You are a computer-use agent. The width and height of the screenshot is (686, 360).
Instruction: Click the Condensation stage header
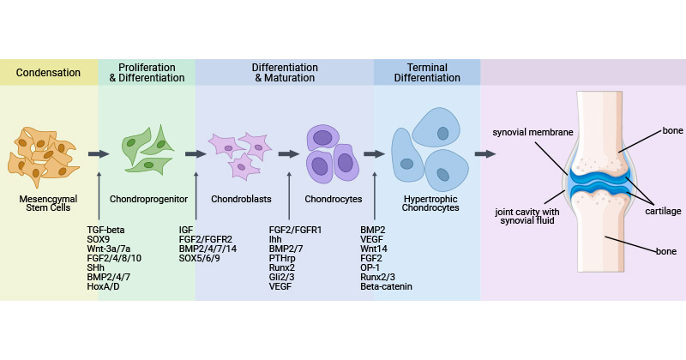(x=51, y=72)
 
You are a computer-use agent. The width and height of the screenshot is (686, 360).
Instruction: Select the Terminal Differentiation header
(x=426, y=72)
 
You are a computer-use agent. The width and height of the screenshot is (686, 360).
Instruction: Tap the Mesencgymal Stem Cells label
(x=51, y=203)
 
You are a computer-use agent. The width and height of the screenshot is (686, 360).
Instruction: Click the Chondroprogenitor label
(x=147, y=198)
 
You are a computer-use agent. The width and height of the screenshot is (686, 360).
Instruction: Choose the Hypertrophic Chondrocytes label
(x=426, y=203)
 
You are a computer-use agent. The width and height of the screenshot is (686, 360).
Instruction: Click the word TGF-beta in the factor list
(x=107, y=230)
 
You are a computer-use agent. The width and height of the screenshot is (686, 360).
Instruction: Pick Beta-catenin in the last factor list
(x=387, y=286)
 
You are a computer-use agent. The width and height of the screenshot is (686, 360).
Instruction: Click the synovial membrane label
(x=531, y=133)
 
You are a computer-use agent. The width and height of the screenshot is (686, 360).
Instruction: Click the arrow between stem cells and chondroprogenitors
(x=99, y=154)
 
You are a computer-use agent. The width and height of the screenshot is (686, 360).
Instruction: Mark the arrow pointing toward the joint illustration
(x=485, y=154)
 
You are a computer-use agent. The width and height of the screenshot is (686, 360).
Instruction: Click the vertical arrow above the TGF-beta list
(x=99, y=197)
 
